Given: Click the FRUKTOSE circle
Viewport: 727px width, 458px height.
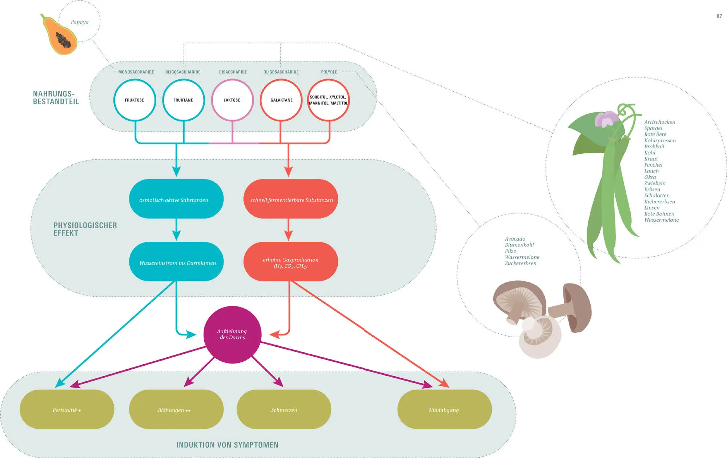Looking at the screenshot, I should pyautogui.click(x=134, y=100).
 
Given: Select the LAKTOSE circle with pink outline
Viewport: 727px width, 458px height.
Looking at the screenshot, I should pyautogui.click(x=232, y=100).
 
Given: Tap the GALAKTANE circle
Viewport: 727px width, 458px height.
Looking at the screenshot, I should pyautogui.click(x=281, y=100).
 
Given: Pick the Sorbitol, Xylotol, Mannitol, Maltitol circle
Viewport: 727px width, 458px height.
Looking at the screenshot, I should pyautogui.click(x=329, y=100).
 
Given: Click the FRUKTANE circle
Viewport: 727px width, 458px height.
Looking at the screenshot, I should pyautogui.click(x=183, y=100).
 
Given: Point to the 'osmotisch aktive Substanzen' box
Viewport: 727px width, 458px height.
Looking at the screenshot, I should pyautogui.click(x=176, y=199).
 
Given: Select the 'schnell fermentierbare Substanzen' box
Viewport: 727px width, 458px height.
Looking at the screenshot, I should pyautogui.click(x=290, y=199).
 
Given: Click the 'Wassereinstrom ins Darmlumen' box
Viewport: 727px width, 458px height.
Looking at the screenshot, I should pyautogui.click(x=176, y=262).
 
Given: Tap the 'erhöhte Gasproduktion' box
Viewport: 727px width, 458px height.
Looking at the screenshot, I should pyautogui.click(x=290, y=262).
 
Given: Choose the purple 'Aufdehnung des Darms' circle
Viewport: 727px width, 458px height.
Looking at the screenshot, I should pyautogui.click(x=232, y=334).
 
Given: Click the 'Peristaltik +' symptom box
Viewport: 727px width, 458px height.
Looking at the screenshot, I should pyautogui.click(x=67, y=410).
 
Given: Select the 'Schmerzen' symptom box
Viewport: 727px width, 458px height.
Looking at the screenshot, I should pyautogui.click(x=284, y=410).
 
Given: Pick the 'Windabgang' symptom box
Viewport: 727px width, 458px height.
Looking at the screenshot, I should pyautogui.click(x=444, y=410).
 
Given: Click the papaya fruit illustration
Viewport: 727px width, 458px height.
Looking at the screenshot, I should pyautogui.click(x=60, y=36).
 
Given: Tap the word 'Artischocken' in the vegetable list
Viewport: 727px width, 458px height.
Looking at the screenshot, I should pyautogui.click(x=660, y=122).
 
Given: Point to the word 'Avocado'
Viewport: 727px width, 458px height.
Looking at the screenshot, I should pyautogui.click(x=515, y=239).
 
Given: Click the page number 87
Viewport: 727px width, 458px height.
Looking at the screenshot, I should pyautogui.click(x=719, y=16).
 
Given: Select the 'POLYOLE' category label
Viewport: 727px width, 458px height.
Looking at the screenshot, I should pyautogui.click(x=329, y=72).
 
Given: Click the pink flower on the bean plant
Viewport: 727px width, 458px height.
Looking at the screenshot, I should pyautogui.click(x=606, y=119).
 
